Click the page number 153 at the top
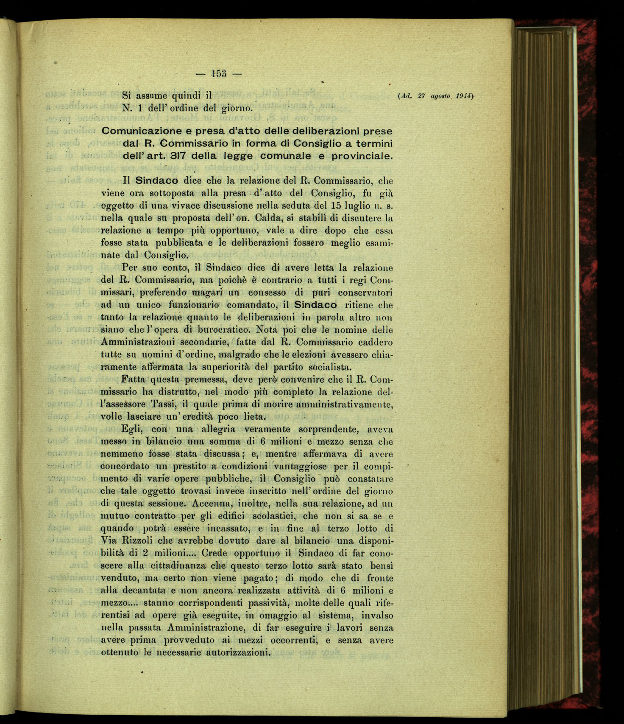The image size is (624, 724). pos(219,74)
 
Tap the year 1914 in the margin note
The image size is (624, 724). pos(463,96)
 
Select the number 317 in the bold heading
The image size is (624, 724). pos(170,156)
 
